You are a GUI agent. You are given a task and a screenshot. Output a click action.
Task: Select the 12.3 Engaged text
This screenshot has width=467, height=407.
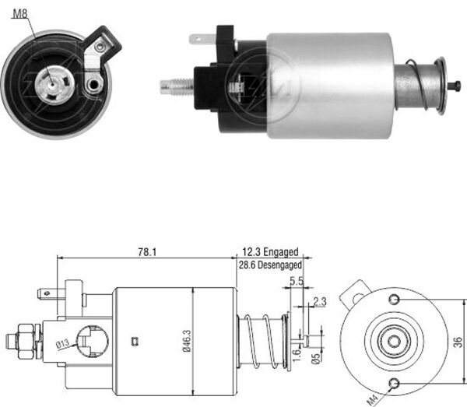pos(270,252)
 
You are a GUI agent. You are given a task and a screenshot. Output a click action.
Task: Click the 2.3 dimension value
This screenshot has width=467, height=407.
pos(319,302)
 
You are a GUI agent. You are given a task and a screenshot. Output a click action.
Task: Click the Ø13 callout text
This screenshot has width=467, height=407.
pos(63,344)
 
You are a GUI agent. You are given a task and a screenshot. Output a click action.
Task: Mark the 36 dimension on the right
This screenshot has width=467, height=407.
pos(457,340)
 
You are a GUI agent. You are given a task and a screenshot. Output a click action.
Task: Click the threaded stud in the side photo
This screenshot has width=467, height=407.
pos(174,85)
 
